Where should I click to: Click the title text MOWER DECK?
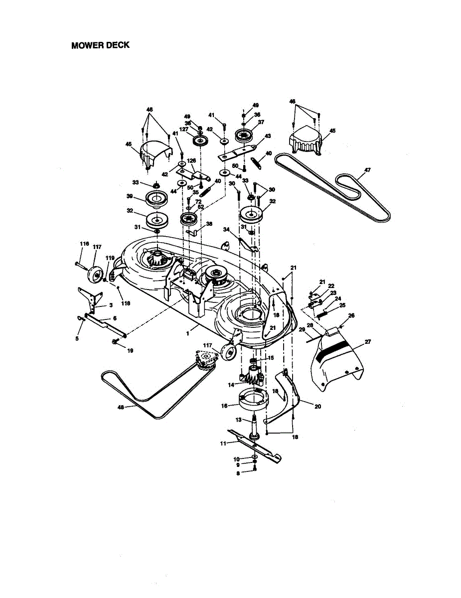[x=100, y=45]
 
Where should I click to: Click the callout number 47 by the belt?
[x=367, y=170]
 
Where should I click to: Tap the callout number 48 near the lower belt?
[x=120, y=407]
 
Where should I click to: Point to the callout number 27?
[x=368, y=342]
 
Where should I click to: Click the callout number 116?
[x=84, y=244]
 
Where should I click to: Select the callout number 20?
[x=317, y=406]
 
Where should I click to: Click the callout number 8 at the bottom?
[x=238, y=473]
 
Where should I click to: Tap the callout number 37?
[x=261, y=122]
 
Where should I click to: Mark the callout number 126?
[x=191, y=160]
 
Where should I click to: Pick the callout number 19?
[x=130, y=351]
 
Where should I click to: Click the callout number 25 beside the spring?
[x=342, y=305]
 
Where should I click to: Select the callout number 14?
[x=231, y=385]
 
